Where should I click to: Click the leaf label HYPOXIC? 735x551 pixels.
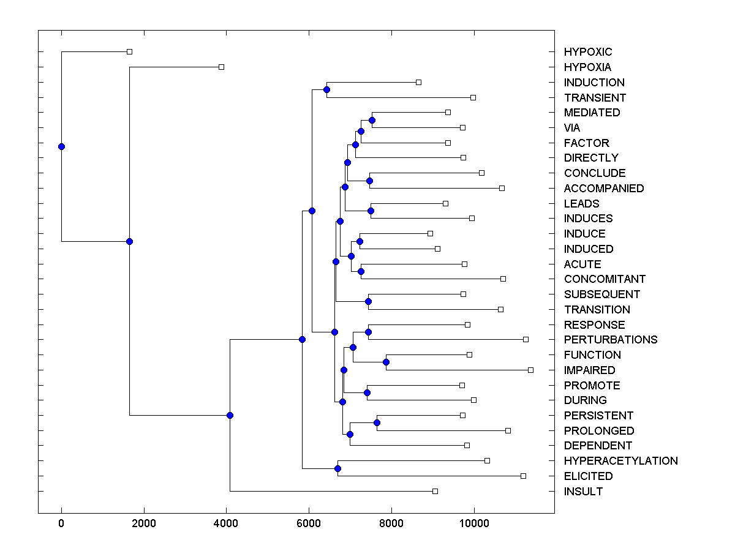click(587, 52)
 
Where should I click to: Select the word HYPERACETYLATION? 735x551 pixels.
click(620, 460)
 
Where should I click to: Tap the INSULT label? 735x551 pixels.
click(583, 491)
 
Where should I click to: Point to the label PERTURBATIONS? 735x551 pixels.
click(611, 339)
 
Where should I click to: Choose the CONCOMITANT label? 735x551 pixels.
click(605, 279)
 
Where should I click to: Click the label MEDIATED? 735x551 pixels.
click(592, 112)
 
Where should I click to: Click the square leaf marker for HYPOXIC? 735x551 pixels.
click(129, 52)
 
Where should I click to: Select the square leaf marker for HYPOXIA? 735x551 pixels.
click(222, 67)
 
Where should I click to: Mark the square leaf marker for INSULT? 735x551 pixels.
click(435, 491)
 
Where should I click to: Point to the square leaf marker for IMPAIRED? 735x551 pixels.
click(530, 370)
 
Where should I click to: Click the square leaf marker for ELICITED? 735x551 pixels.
click(523, 476)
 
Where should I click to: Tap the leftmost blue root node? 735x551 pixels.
click(61, 146)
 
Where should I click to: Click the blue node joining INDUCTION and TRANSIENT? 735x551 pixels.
click(326, 90)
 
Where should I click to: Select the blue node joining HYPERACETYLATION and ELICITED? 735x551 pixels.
click(337, 468)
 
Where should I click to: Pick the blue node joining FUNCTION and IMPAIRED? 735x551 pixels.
click(386, 362)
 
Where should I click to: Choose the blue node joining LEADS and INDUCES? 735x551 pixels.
click(371, 211)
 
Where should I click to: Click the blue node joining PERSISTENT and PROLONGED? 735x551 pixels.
click(377, 422)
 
